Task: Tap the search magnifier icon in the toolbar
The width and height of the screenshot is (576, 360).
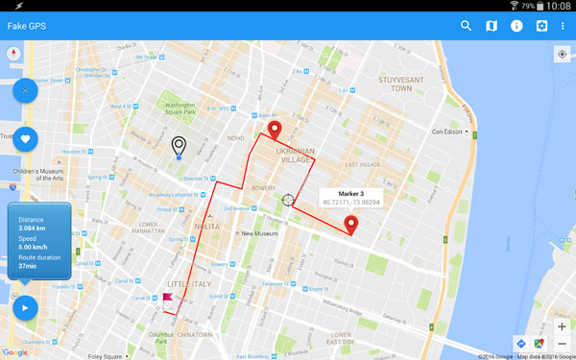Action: coord(467,26)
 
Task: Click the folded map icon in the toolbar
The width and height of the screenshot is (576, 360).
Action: coord(492,26)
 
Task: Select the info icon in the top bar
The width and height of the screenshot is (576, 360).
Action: coord(516,26)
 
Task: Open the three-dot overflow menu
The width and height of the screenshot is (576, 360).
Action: coord(564,26)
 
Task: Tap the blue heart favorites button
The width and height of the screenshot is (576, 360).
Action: coord(25,138)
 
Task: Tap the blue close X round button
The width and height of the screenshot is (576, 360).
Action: coord(25,91)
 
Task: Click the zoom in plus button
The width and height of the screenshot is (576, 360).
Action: coord(562,326)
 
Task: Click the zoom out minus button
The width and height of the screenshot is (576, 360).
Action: coord(562,343)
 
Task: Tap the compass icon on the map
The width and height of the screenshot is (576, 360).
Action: coord(14,54)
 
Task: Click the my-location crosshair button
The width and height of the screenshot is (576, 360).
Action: coord(562,54)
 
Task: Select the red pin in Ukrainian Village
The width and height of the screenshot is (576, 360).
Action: coord(276,131)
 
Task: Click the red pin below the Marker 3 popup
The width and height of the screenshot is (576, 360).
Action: coord(350,226)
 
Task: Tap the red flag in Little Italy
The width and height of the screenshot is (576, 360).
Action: coord(167,299)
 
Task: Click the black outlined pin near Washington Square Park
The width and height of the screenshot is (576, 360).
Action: coord(179,146)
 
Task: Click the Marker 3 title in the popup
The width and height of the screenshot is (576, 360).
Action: coord(351,193)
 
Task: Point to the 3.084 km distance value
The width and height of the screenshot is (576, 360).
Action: coord(34,228)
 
